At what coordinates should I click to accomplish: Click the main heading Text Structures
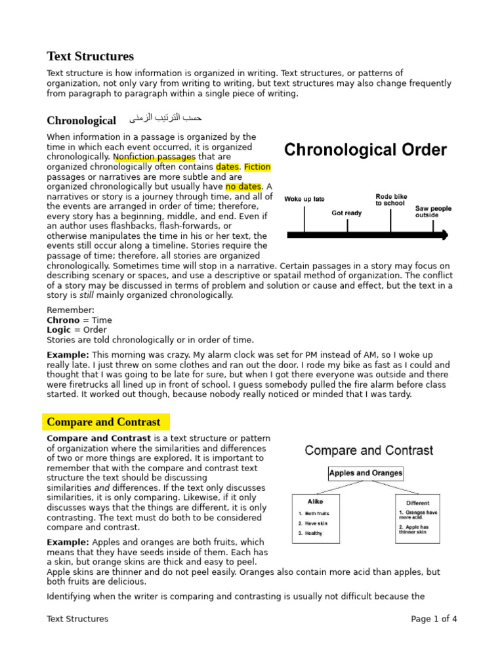click(90, 56)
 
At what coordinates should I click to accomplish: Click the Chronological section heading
click(81, 120)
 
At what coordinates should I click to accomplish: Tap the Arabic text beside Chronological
click(165, 118)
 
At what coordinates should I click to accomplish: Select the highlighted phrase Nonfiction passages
click(154, 157)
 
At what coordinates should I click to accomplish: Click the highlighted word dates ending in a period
click(228, 167)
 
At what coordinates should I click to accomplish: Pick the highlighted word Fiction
click(257, 167)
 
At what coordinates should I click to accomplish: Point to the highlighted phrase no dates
click(243, 187)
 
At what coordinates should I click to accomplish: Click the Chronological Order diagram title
click(365, 150)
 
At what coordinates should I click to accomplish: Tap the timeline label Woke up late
click(304, 199)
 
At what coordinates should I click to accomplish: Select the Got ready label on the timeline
click(346, 213)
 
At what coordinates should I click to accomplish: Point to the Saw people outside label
click(433, 211)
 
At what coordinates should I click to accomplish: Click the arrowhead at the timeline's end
click(445, 234)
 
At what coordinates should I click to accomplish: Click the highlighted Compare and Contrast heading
click(104, 422)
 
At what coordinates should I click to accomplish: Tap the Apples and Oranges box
click(366, 472)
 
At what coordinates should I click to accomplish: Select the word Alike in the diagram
click(315, 501)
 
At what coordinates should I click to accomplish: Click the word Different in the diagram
click(417, 503)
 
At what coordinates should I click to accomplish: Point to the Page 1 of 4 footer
click(434, 619)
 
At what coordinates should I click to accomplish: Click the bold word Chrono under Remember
click(64, 320)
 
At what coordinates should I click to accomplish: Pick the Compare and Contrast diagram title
click(369, 451)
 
